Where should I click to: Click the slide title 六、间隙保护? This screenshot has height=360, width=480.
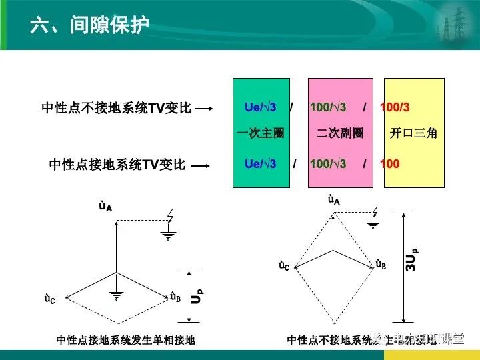pos(89,25)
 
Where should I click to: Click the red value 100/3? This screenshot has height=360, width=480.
pos(395,107)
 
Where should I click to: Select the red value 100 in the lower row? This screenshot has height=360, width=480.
pos(389,163)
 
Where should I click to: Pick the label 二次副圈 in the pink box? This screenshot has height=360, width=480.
pos(340,133)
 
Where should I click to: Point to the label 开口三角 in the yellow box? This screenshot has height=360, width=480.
pos(413,133)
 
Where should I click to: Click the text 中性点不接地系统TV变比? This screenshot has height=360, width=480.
pos(117,108)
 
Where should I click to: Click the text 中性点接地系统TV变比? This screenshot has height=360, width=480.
pos(117,164)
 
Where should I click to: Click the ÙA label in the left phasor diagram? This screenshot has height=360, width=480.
pos(105,207)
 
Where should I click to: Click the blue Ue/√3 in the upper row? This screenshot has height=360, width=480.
pos(260,107)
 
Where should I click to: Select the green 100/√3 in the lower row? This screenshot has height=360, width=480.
pos(328,163)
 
